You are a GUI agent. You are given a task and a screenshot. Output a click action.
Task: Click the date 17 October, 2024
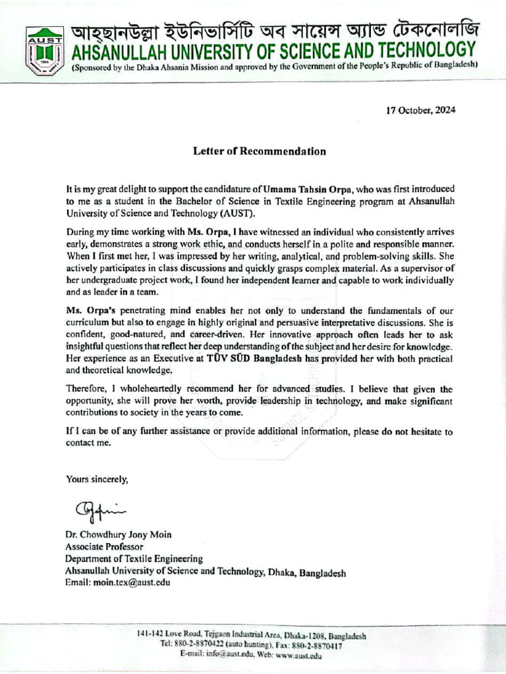click(420, 110)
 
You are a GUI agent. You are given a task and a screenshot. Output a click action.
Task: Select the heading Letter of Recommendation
click(259, 151)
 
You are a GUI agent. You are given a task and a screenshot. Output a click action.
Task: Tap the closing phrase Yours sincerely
click(97, 479)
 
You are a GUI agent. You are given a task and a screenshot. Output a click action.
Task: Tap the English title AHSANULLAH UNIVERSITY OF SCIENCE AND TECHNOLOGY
click(273, 50)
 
